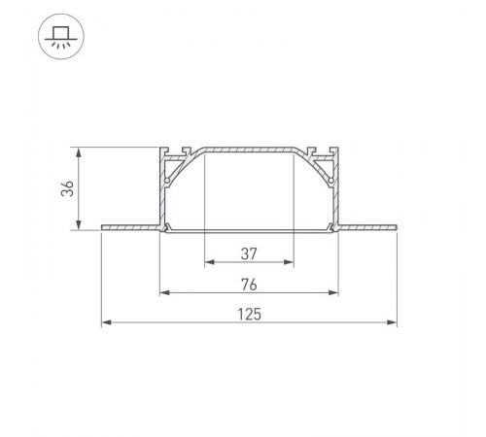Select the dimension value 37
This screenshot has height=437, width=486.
249,254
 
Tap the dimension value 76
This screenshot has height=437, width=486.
249,284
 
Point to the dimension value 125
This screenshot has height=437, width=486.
249,314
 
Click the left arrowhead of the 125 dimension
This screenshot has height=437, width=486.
106,322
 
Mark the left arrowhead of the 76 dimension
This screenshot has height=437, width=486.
164,292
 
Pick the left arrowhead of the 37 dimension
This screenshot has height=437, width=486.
210,263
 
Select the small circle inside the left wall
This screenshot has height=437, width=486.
168,181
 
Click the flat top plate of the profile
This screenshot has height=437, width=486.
249,151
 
